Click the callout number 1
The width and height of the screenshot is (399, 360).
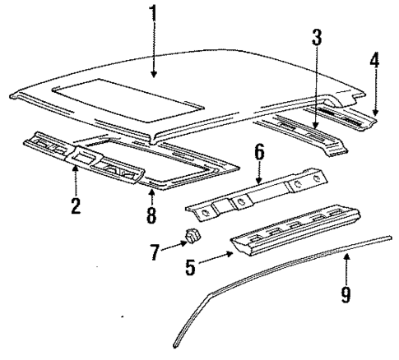151,15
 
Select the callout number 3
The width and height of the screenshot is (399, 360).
316,38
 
